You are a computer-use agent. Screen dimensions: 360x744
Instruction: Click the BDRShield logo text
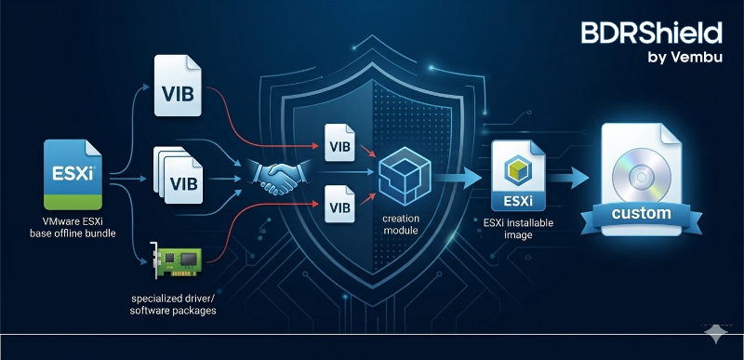[650, 34]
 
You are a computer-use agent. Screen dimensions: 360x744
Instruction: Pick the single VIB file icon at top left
[178, 86]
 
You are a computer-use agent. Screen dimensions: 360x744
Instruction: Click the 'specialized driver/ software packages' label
[174, 303]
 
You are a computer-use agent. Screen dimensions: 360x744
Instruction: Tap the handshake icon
[272, 177]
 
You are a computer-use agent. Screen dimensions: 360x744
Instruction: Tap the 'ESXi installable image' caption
[517, 228]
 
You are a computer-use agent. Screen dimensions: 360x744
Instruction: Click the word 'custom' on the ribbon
[642, 214]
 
